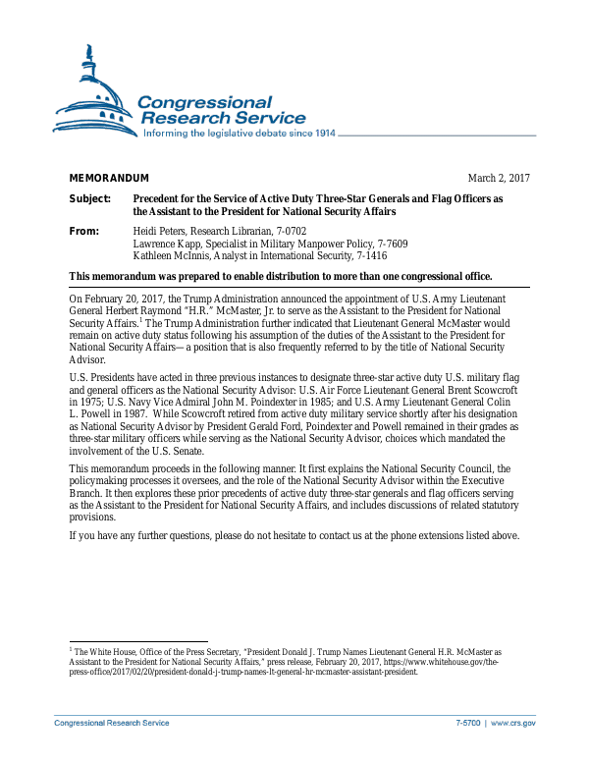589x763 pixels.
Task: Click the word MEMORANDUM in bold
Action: click(x=108, y=178)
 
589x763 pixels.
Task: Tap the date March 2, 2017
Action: click(x=499, y=178)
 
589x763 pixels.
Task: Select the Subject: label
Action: click(x=89, y=199)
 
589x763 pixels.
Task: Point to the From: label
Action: click(x=85, y=231)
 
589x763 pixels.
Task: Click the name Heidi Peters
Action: click(x=160, y=231)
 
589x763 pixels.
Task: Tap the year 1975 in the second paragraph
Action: click(x=85, y=402)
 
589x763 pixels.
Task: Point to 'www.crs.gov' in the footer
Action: click(x=512, y=723)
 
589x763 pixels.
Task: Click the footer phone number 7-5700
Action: click(x=467, y=723)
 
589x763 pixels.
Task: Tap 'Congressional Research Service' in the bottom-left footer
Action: click(x=111, y=723)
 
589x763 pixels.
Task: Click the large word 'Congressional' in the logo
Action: click(x=204, y=102)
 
